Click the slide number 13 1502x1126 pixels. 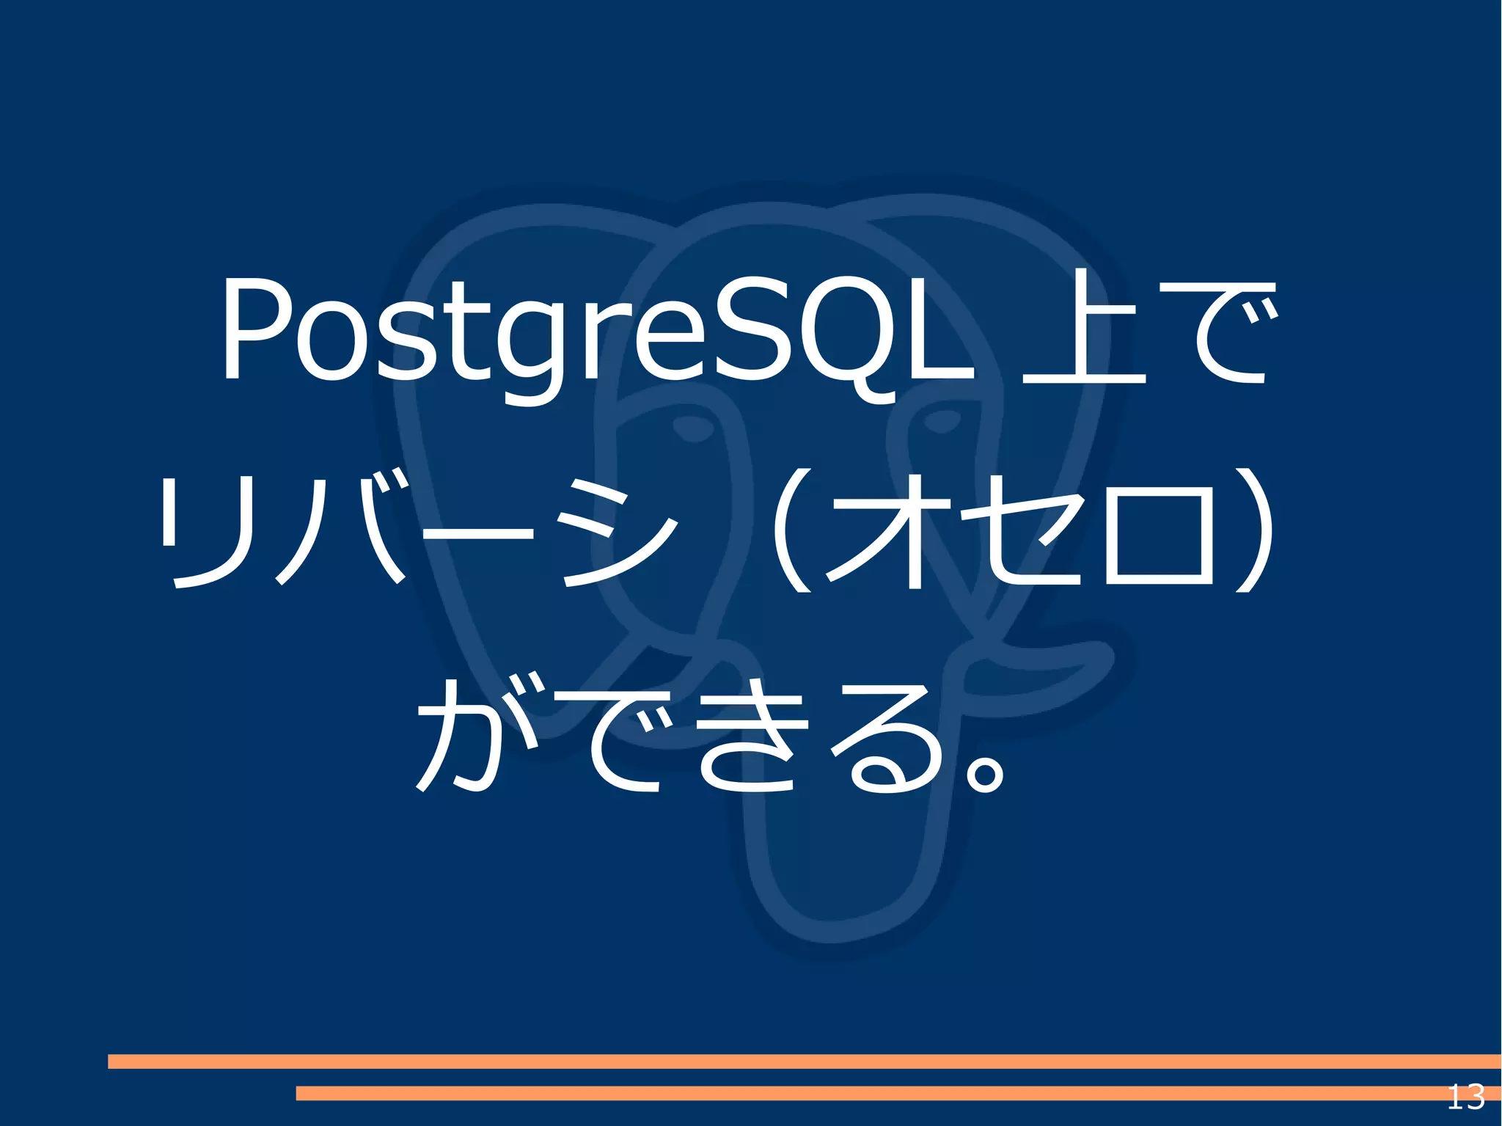(x=1465, y=1097)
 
